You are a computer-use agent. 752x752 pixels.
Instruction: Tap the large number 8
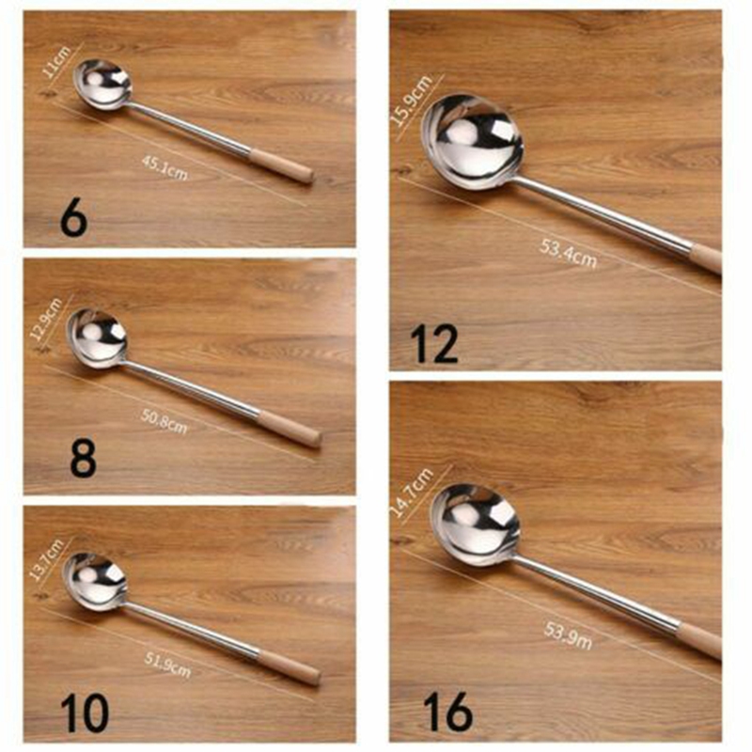click(83, 461)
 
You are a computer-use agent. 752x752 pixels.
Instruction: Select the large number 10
click(84, 713)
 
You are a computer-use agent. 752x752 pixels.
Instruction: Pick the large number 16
click(446, 711)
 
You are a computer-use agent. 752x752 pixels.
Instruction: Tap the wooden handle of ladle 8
click(289, 428)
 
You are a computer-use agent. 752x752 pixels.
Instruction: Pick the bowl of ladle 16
click(476, 525)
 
